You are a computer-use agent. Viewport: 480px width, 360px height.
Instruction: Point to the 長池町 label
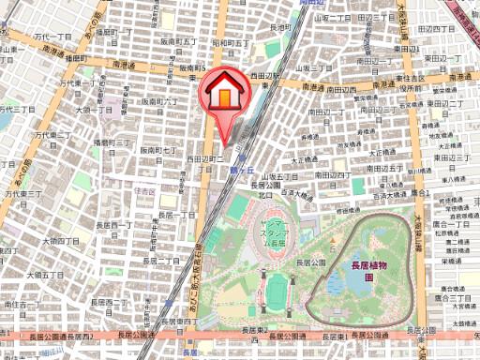(x=278, y=28)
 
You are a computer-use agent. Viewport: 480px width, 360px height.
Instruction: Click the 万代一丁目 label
(x=52, y=37)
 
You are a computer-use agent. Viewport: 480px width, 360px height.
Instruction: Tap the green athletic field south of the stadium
(x=275, y=293)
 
